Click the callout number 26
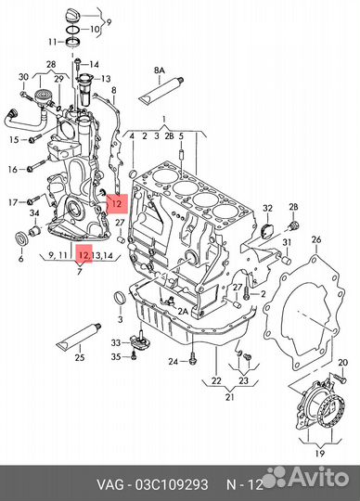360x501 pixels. point(315,239)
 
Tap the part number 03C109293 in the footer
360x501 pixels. point(172,484)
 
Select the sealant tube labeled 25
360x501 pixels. point(79,337)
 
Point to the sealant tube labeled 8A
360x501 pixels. point(161,90)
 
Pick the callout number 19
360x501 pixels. point(320,453)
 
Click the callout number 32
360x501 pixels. point(268,209)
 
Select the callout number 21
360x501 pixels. point(230,397)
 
